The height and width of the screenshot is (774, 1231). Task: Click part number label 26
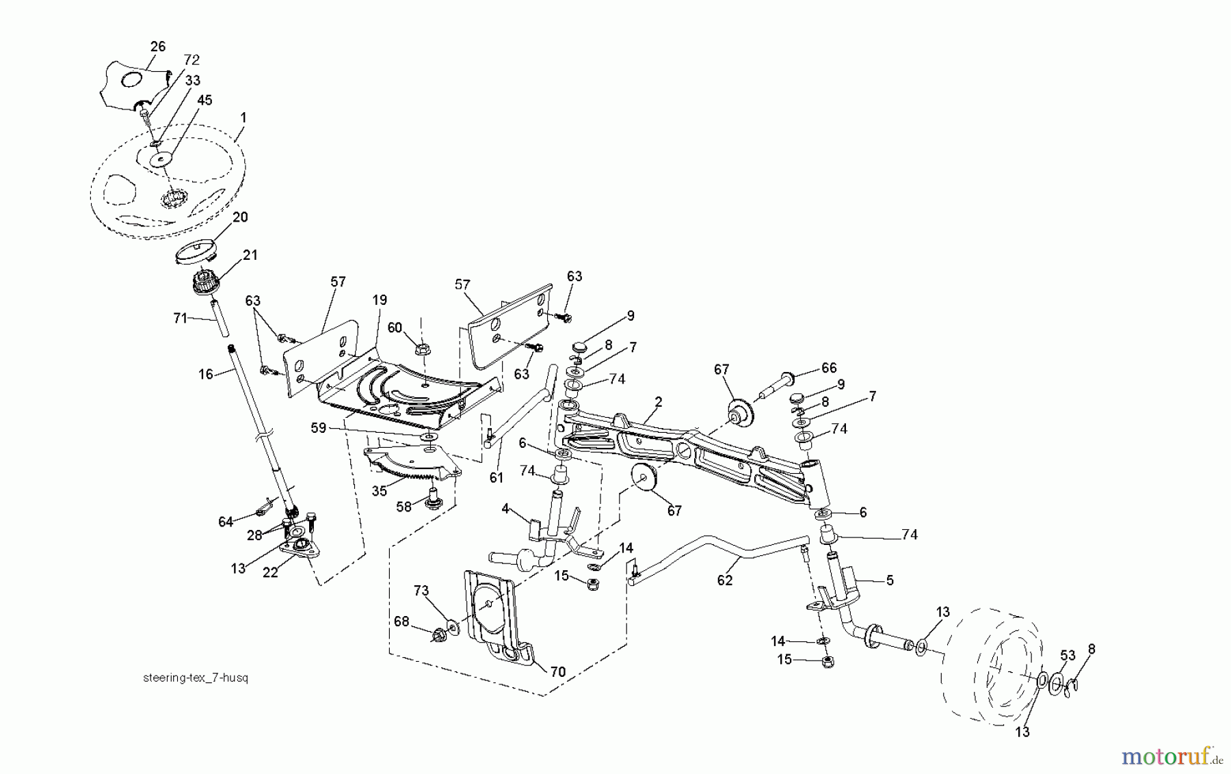(x=158, y=46)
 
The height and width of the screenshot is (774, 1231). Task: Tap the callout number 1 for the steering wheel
(x=243, y=118)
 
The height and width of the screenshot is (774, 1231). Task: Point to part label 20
(x=240, y=217)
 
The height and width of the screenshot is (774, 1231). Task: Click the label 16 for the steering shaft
(x=206, y=374)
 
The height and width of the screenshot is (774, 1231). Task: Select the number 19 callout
(x=380, y=299)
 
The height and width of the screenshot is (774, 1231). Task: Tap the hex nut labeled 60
(x=423, y=349)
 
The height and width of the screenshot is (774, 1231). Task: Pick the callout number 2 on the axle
(x=658, y=403)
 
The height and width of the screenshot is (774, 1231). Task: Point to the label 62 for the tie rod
(x=725, y=580)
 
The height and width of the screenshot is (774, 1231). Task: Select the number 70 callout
(x=557, y=672)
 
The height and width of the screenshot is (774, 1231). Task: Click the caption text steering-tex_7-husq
(x=196, y=678)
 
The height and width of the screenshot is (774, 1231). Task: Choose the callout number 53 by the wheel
(x=1068, y=656)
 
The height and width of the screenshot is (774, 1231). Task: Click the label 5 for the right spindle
(x=890, y=580)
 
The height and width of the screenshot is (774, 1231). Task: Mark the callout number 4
(x=505, y=509)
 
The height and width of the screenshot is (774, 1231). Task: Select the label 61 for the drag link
(x=496, y=477)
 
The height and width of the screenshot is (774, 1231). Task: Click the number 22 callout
(x=271, y=573)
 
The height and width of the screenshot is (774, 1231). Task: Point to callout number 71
(x=180, y=318)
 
